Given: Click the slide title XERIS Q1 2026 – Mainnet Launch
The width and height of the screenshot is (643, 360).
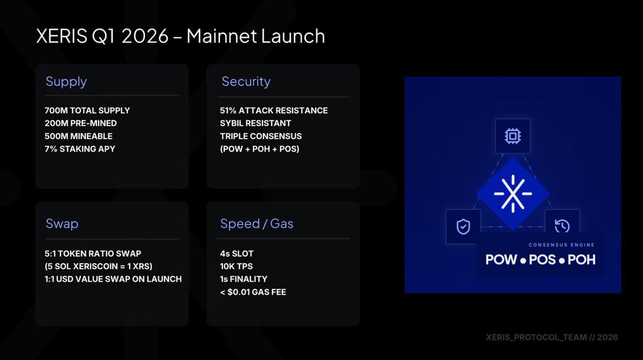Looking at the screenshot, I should (180, 36).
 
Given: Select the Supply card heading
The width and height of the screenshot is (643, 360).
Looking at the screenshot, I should (66, 81).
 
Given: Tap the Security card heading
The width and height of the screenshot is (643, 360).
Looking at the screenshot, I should (246, 81).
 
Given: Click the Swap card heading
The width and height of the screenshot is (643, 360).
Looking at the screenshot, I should (62, 223).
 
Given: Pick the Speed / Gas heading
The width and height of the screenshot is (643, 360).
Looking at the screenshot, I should (257, 223).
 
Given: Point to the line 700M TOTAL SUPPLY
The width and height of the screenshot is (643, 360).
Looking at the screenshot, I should (87, 110).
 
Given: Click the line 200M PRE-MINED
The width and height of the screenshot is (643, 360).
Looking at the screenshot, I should (80, 123).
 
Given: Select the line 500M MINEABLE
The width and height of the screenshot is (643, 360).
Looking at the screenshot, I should (78, 136).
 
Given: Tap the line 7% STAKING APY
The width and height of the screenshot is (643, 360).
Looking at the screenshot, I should (80, 149).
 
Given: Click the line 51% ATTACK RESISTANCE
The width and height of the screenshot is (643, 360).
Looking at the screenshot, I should (274, 110).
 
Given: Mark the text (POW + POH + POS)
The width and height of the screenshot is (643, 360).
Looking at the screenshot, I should (259, 149).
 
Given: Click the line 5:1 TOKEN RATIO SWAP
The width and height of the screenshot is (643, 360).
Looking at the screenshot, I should (93, 253).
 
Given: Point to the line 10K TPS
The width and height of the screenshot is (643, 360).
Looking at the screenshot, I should (236, 266).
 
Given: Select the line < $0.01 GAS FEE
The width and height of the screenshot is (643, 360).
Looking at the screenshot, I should (253, 292).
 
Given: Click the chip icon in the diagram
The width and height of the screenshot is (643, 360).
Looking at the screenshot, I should (512, 136).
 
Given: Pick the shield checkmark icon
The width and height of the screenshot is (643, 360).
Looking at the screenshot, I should (463, 227).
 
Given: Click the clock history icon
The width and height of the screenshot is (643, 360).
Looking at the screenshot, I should (562, 226).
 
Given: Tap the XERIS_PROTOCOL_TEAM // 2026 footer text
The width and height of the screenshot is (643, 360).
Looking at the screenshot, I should (551, 337).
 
